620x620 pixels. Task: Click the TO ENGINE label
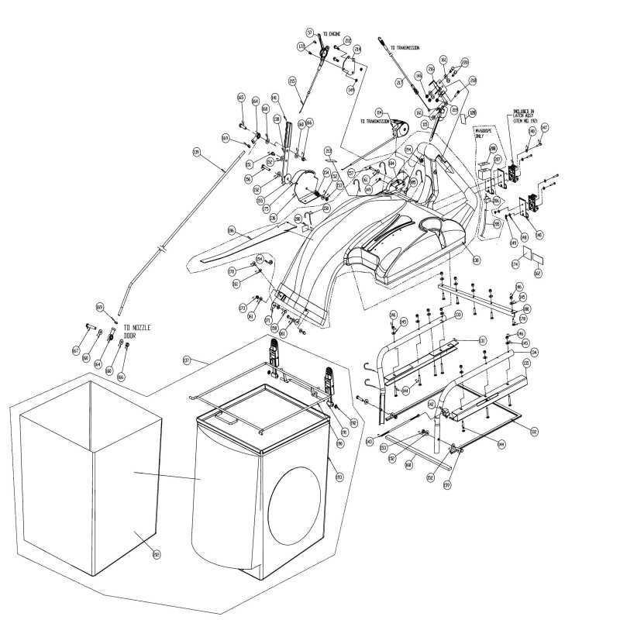tap(331, 33)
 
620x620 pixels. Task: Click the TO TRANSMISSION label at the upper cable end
tap(405, 47)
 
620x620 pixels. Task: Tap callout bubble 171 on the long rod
tap(197, 153)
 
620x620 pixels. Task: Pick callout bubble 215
tap(292, 81)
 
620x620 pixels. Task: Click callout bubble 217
tap(400, 82)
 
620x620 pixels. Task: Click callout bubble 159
tap(447, 486)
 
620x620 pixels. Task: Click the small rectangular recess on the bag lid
tap(227, 416)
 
